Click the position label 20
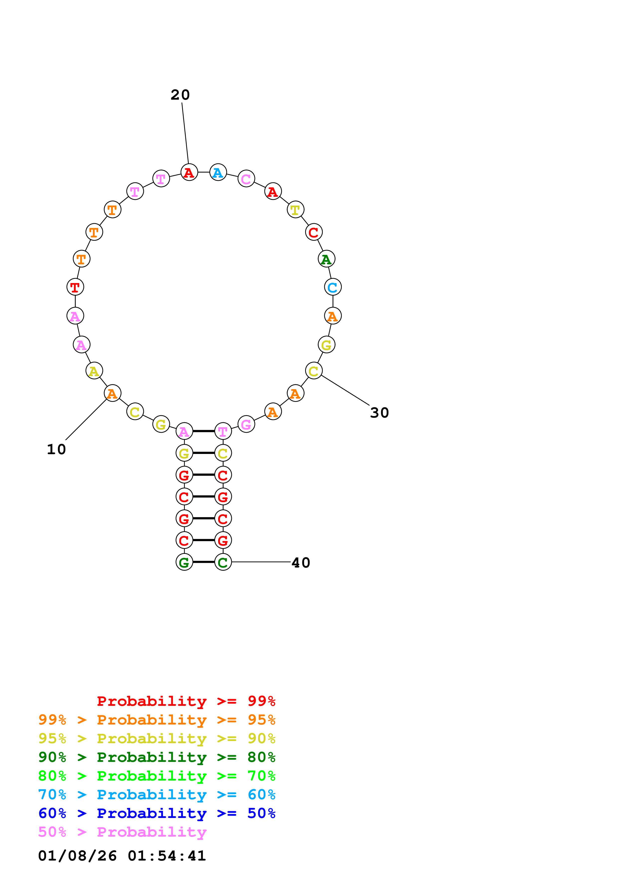point(180,95)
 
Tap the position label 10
point(56,449)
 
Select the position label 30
point(379,413)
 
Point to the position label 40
point(301,563)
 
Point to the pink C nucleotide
point(246,179)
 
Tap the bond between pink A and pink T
point(204,431)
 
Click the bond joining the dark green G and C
point(204,562)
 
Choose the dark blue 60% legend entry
point(157,813)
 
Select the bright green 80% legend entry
point(157,776)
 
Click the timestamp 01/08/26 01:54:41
point(122,856)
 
